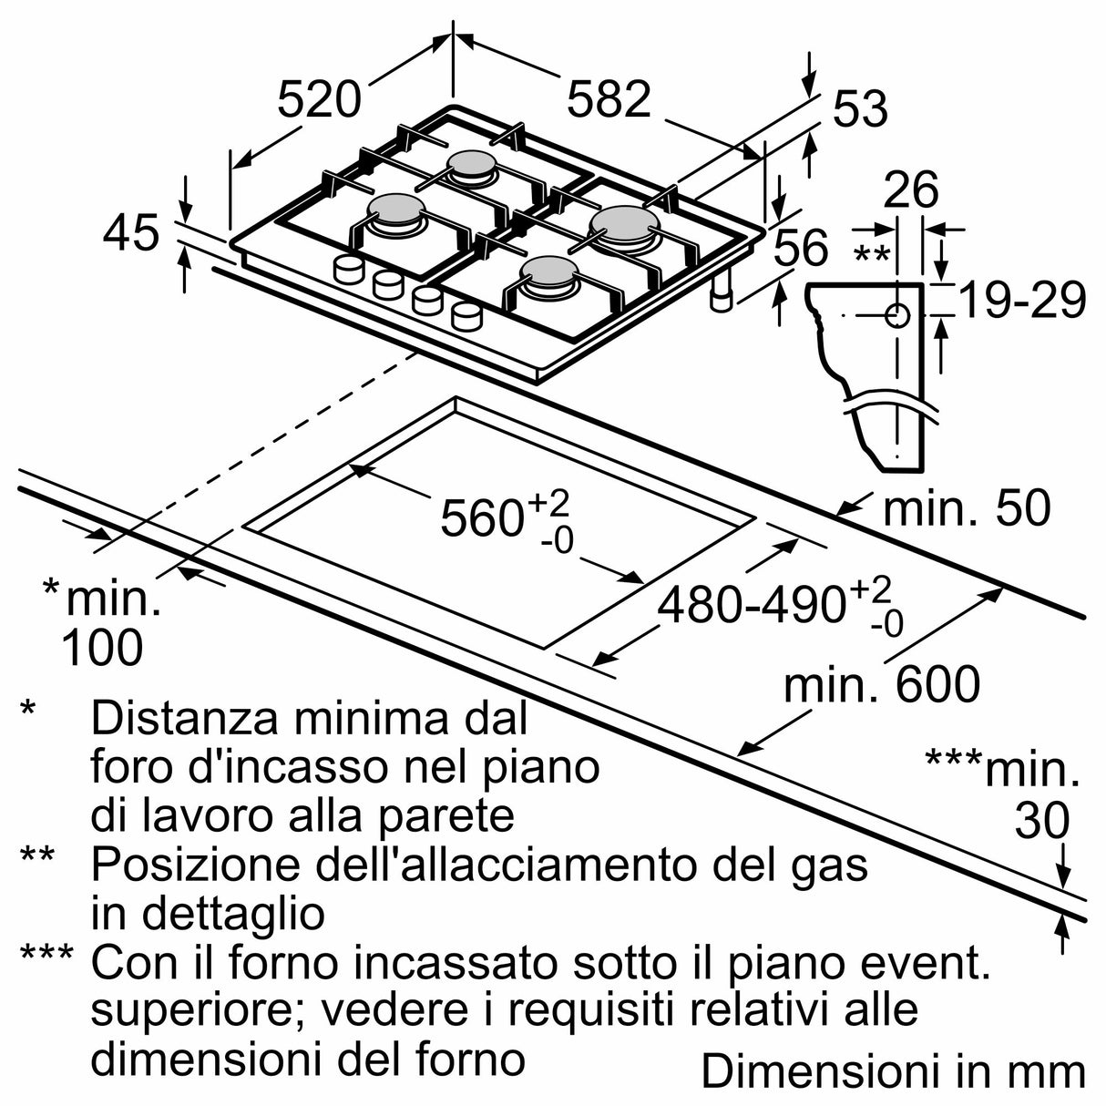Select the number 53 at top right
pyautogui.click(x=860, y=109)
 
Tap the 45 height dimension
pyautogui.click(x=131, y=233)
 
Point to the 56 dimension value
pyautogui.click(x=802, y=248)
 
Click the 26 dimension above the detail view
pyautogui.click(x=911, y=190)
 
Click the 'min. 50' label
pyautogui.click(x=966, y=508)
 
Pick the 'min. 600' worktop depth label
pyautogui.click(x=882, y=684)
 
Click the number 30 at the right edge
pyautogui.click(x=1041, y=822)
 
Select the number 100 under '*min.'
pyautogui.click(x=102, y=648)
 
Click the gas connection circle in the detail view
pyautogui.click(x=897, y=316)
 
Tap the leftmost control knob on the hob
pyautogui.click(x=347, y=269)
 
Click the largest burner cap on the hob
pyautogui.click(x=624, y=221)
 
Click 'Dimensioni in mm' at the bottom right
pyautogui.click(x=893, y=1071)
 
